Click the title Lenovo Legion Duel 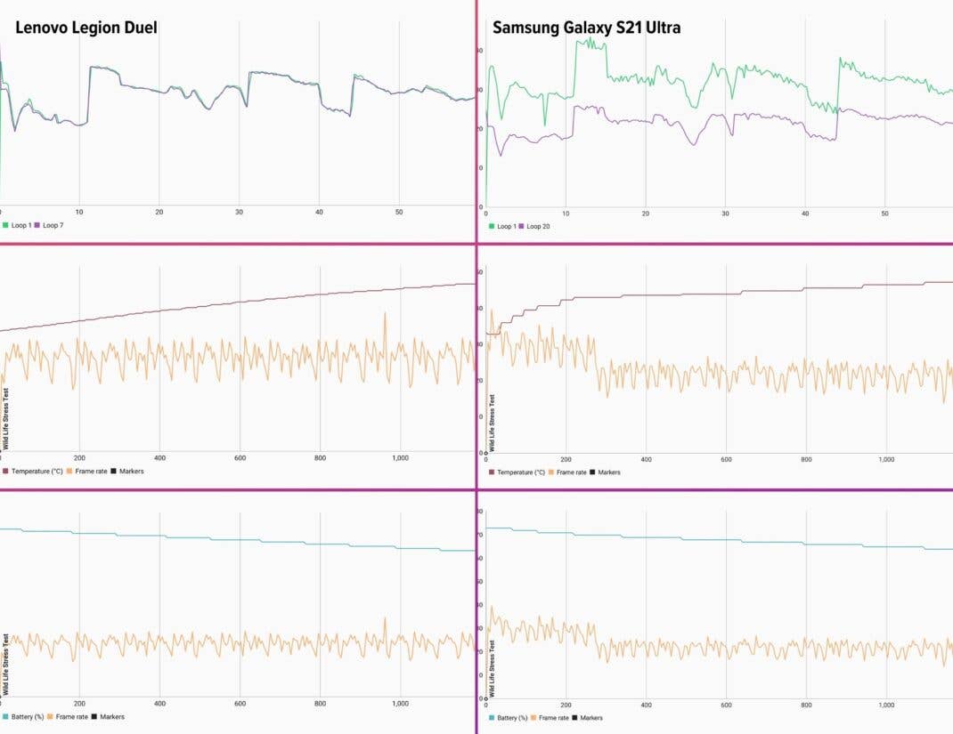pos(86,28)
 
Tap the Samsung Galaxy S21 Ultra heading pos(586,28)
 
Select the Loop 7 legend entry pos(53,225)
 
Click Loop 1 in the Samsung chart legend pos(504,226)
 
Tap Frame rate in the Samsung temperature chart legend pos(571,472)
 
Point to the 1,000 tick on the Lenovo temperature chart pos(400,458)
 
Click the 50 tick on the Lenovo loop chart pos(399,213)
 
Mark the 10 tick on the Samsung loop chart pos(566,214)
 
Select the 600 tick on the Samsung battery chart pos(726,705)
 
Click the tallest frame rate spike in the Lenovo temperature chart pos(386,313)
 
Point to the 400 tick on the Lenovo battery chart pos(159,703)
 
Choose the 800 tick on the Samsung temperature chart pos(806,459)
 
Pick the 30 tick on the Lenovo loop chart pos(239,213)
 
